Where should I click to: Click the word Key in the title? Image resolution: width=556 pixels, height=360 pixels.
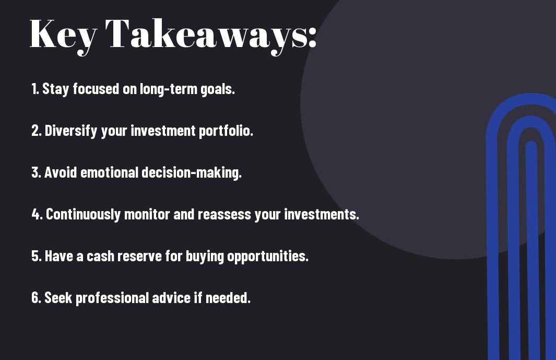63,35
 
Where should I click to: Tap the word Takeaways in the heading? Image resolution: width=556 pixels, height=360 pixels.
205,35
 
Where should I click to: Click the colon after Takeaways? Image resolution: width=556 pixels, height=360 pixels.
312,37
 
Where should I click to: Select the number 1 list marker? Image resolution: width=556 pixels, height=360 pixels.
35,89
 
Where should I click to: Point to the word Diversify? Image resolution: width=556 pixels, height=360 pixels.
71,131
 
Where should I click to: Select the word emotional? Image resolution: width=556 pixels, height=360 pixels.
109,172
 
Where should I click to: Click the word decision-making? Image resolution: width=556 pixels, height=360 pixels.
192,172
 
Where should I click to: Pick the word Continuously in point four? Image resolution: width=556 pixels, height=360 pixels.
84,214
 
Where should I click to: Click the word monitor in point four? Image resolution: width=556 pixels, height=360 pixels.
147,214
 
